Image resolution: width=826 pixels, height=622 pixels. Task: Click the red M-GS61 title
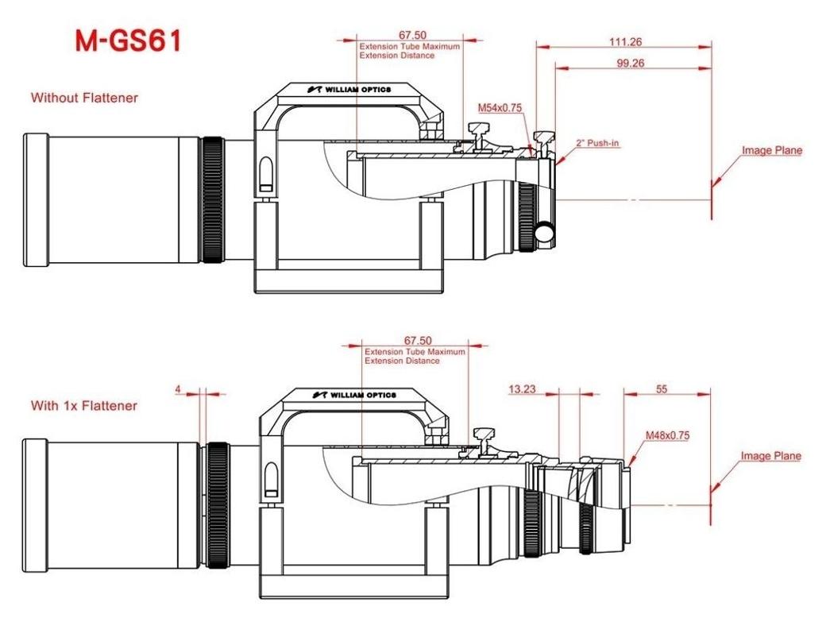pyautogui.click(x=129, y=41)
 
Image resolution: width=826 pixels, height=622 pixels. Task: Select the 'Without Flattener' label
pyautogui.click(x=84, y=98)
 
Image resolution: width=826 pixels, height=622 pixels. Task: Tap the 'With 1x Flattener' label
pyautogui.click(x=83, y=406)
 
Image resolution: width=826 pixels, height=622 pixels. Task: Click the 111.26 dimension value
pyautogui.click(x=625, y=41)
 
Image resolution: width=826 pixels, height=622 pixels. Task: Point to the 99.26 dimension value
pyautogui.click(x=631, y=63)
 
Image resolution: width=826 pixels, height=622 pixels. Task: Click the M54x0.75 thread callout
pyautogui.click(x=500, y=108)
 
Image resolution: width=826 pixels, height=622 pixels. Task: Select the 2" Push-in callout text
pyautogui.click(x=597, y=143)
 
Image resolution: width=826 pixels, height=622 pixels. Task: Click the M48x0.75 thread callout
pyautogui.click(x=667, y=435)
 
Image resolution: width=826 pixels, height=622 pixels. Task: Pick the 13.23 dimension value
pyautogui.click(x=522, y=389)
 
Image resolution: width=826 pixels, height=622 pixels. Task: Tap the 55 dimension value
pyautogui.click(x=662, y=389)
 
